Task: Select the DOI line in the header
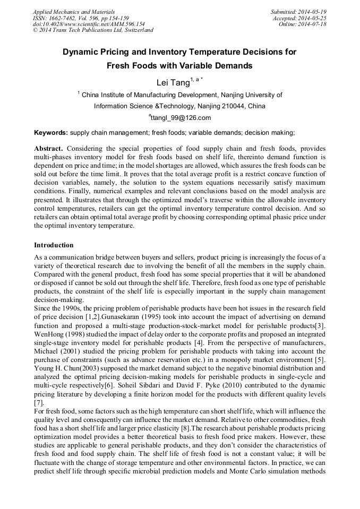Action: coord(89,24)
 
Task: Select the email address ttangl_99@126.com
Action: coord(180,118)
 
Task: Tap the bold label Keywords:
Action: coord(51,133)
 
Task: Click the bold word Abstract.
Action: coord(49,148)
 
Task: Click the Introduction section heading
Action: coord(54,245)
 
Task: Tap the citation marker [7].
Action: coord(39,402)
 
